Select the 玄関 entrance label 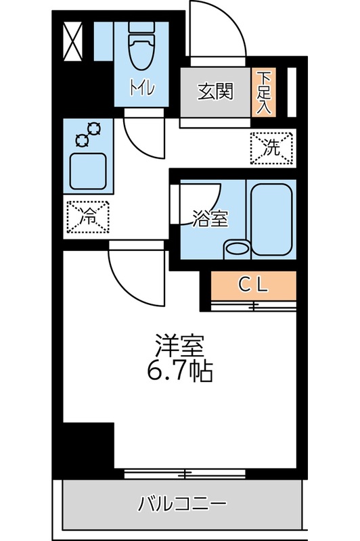pyautogui.click(x=215, y=92)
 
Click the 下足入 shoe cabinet pyautogui.click(x=263, y=92)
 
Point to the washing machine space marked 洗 pyautogui.click(x=273, y=148)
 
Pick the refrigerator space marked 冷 pyautogui.click(x=88, y=216)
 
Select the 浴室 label pyautogui.click(x=208, y=218)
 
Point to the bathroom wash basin pyautogui.click(x=237, y=248)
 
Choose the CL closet pyautogui.click(x=254, y=285)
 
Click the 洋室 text pyautogui.click(x=180, y=346)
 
